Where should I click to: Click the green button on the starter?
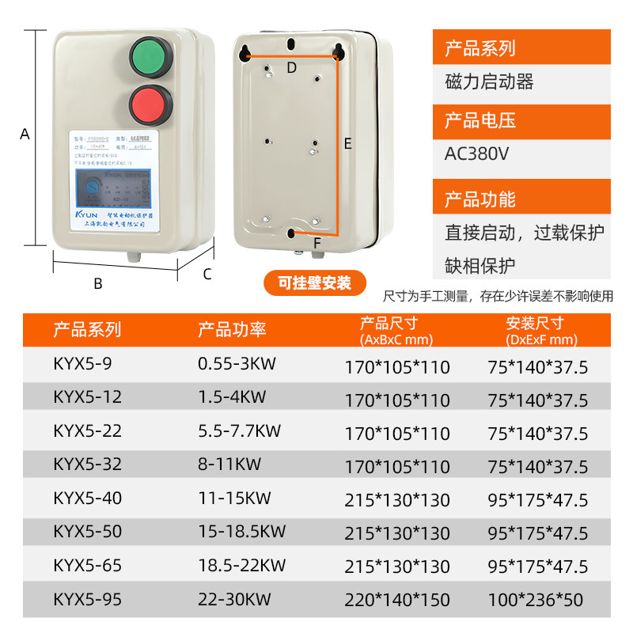150,57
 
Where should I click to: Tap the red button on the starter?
150,105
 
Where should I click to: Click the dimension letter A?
25,135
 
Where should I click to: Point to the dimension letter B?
98,283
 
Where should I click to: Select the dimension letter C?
207,275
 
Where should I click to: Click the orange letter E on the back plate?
347,144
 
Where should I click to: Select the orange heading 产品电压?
480,121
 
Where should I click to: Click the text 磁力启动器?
490,81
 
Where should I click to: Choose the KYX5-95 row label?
88,599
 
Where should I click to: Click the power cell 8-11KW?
229,464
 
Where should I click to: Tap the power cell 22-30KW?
233,599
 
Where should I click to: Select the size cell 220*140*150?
397,601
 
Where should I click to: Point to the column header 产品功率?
232,330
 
